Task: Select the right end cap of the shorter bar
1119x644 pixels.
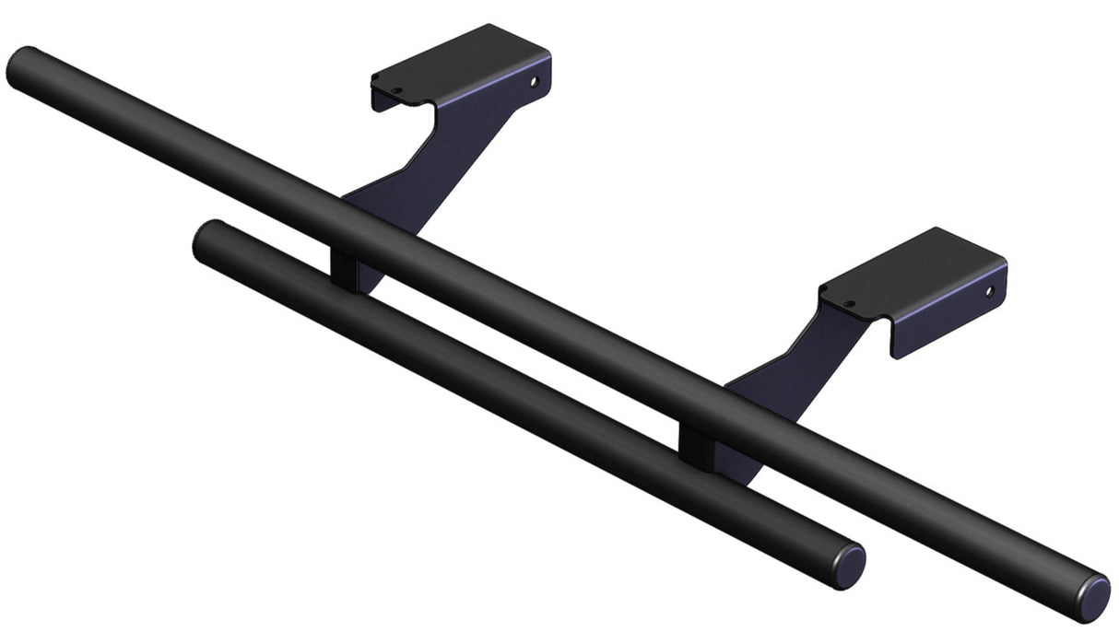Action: click(850, 564)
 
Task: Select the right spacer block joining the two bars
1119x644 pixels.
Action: click(697, 441)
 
